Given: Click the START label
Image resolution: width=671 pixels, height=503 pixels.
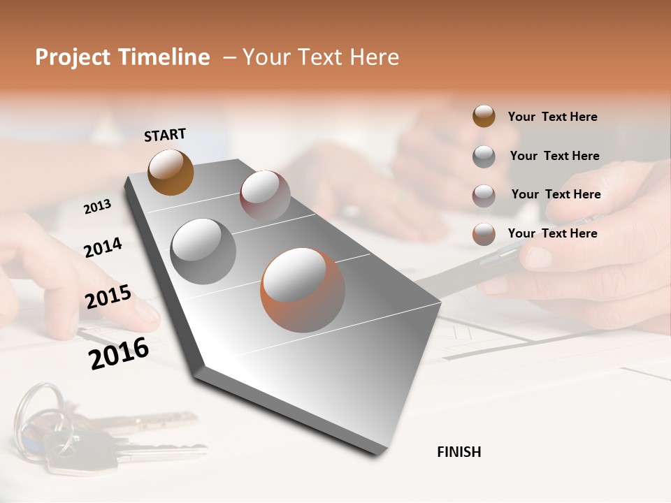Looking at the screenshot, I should click(x=165, y=135).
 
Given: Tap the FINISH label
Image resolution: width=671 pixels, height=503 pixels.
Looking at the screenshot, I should click(x=459, y=452).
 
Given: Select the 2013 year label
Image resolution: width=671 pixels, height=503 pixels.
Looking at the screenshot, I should click(x=97, y=207).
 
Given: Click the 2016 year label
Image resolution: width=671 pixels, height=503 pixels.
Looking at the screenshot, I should click(x=119, y=353).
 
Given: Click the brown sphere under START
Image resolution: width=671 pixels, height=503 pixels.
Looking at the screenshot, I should click(x=171, y=172).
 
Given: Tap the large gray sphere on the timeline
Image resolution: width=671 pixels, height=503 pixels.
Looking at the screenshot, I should click(x=203, y=251).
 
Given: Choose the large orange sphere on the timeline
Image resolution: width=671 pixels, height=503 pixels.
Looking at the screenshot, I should click(x=303, y=289).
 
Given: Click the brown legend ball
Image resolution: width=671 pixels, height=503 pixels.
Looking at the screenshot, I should click(x=484, y=116).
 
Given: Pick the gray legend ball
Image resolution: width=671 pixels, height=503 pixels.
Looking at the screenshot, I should click(x=484, y=156).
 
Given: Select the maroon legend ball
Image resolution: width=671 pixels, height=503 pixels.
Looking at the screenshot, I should click(x=484, y=195).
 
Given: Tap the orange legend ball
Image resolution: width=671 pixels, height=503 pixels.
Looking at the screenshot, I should click(x=484, y=234).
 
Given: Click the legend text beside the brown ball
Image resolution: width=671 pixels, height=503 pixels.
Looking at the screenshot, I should click(x=552, y=117).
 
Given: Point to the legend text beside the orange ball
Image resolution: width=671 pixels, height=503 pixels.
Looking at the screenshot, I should click(x=552, y=233).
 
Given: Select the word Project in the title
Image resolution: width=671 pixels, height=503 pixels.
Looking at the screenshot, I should click(x=73, y=57).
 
